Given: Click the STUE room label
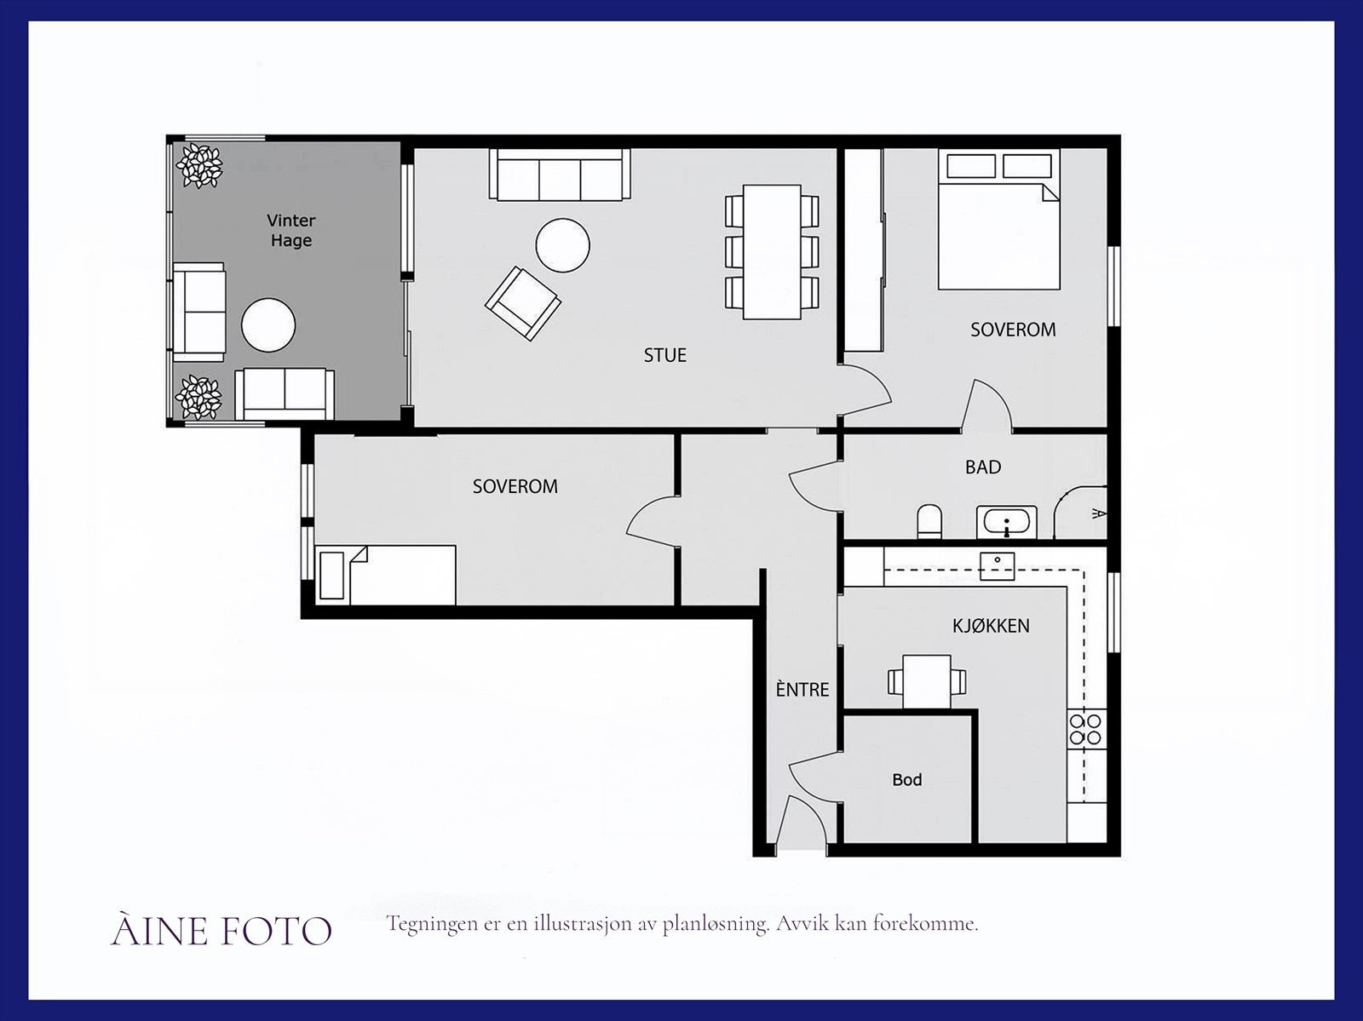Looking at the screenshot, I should click(664, 355).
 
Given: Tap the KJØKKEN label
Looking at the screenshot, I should click(991, 626).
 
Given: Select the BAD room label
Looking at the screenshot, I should click(983, 467).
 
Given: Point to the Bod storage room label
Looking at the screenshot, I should click(906, 779).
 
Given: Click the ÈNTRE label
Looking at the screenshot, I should click(802, 689).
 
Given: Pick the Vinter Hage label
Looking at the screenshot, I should click(291, 231).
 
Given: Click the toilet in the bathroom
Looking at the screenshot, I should click(929, 520).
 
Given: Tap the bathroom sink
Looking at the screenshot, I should click(1007, 520).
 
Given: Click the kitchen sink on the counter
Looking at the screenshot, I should click(997, 565).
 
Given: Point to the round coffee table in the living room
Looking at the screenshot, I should click(562, 245).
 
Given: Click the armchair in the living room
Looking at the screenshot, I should click(522, 302).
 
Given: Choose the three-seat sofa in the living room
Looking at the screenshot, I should click(560, 175).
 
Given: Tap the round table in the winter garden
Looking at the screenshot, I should click(268, 324).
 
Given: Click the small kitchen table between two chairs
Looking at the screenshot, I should click(927, 680).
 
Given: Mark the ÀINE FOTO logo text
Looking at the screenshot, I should click(221, 932).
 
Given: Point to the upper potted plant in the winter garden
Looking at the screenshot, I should click(199, 165).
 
